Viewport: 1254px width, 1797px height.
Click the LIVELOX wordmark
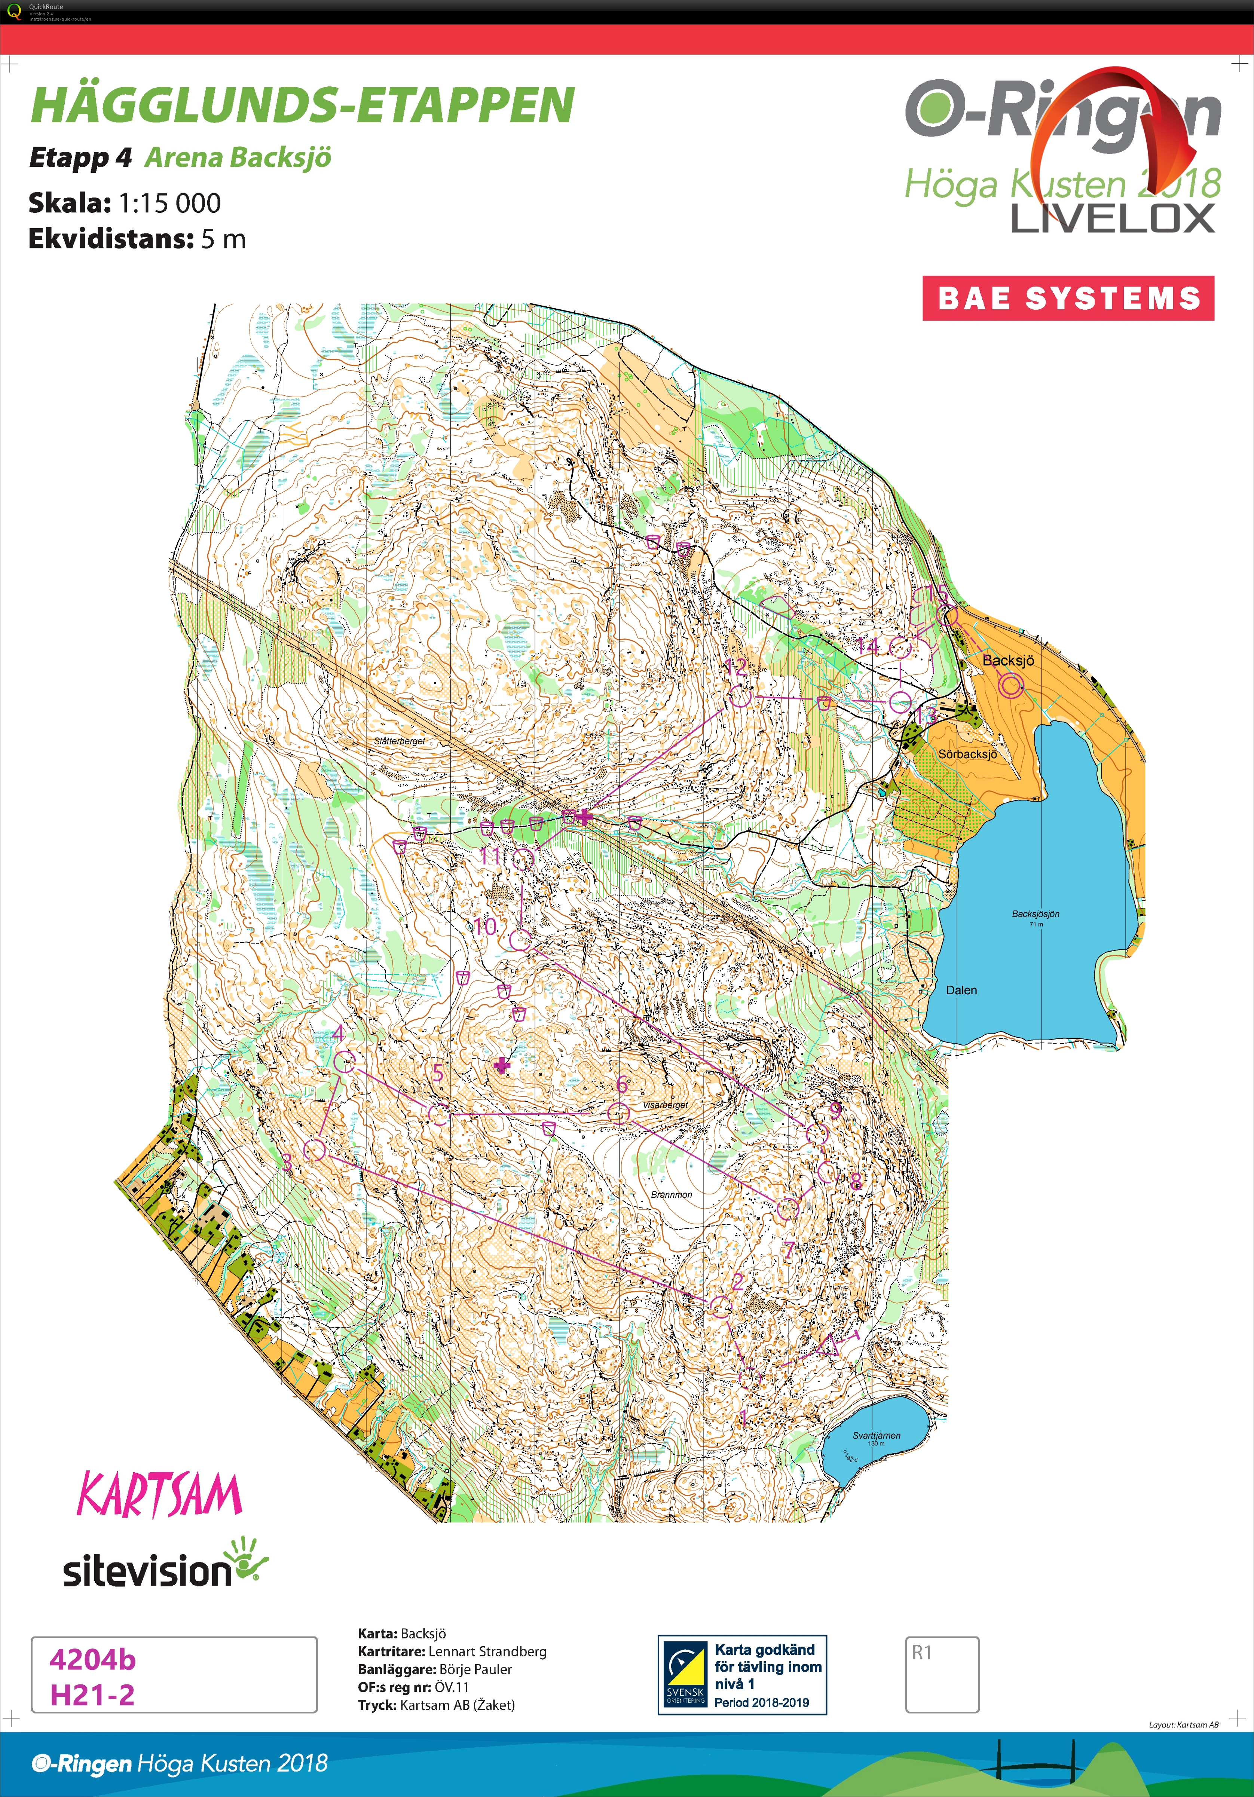coord(1112,218)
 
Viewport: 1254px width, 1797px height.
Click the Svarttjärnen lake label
coord(876,1435)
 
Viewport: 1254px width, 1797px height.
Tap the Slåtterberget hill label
coord(399,740)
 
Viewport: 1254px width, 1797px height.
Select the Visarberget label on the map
coord(664,1104)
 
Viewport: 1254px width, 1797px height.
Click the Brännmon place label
coord(671,1194)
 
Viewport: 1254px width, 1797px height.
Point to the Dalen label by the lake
coord(961,990)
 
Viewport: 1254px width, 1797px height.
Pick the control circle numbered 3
coord(314,1150)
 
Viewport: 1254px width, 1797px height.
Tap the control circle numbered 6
coord(618,1112)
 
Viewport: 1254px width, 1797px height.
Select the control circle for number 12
coord(740,696)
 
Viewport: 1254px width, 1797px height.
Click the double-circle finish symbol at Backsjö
coord(1010,686)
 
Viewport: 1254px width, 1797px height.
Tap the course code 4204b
coord(92,1659)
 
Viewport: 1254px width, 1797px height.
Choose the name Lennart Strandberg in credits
coord(487,1651)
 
